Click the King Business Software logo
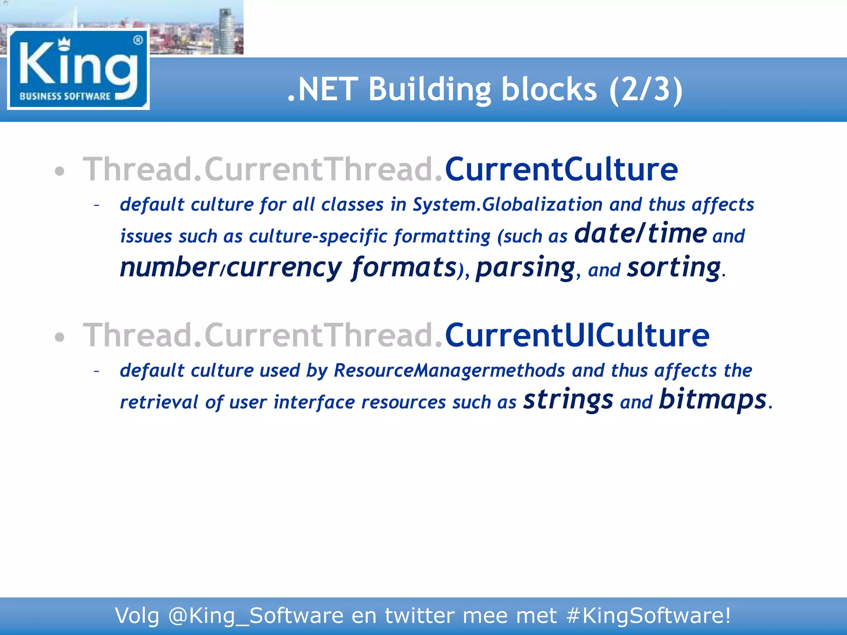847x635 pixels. tap(78, 69)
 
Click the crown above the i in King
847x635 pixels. tap(64, 43)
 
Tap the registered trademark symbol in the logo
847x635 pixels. tap(138, 40)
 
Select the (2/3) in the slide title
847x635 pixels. tap(646, 89)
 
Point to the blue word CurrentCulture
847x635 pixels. tap(561, 169)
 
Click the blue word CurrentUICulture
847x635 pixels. tap(577, 335)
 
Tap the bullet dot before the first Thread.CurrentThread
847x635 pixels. tap(60, 172)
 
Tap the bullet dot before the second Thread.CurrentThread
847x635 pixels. tap(60, 337)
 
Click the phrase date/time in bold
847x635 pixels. tap(640, 234)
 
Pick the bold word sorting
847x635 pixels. tap(674, 268)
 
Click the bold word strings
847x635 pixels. tap(568, 400)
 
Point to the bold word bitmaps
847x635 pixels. tap(713, 400)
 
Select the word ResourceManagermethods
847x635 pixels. tap(449, 370)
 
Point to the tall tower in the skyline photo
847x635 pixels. tap(225, 29)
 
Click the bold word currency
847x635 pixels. tap(284, 268)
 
